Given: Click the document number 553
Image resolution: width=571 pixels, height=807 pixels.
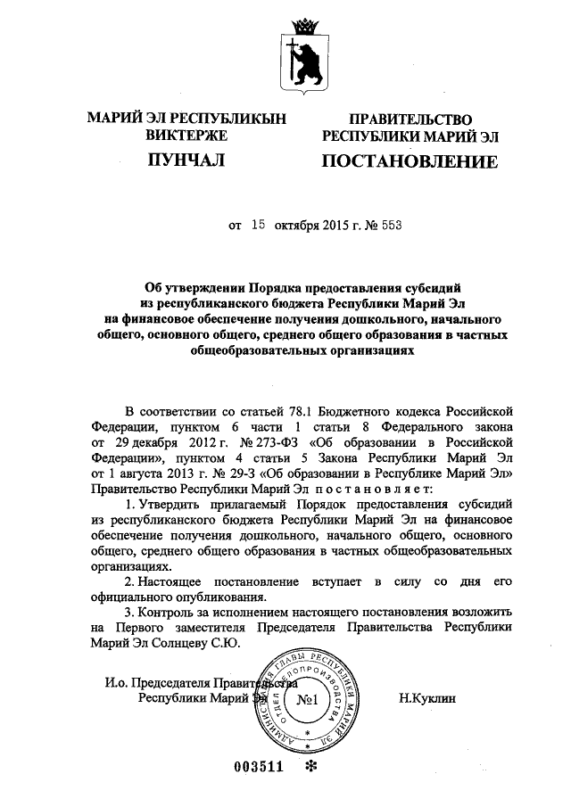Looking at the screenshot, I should click(x=390, y=226).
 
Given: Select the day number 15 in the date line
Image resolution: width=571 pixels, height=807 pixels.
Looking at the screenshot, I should click(x=259, y=226).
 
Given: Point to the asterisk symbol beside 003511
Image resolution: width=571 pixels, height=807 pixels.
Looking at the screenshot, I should click(x=311, y=769).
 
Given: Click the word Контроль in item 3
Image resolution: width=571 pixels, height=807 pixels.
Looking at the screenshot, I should click(x=174, y=614).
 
